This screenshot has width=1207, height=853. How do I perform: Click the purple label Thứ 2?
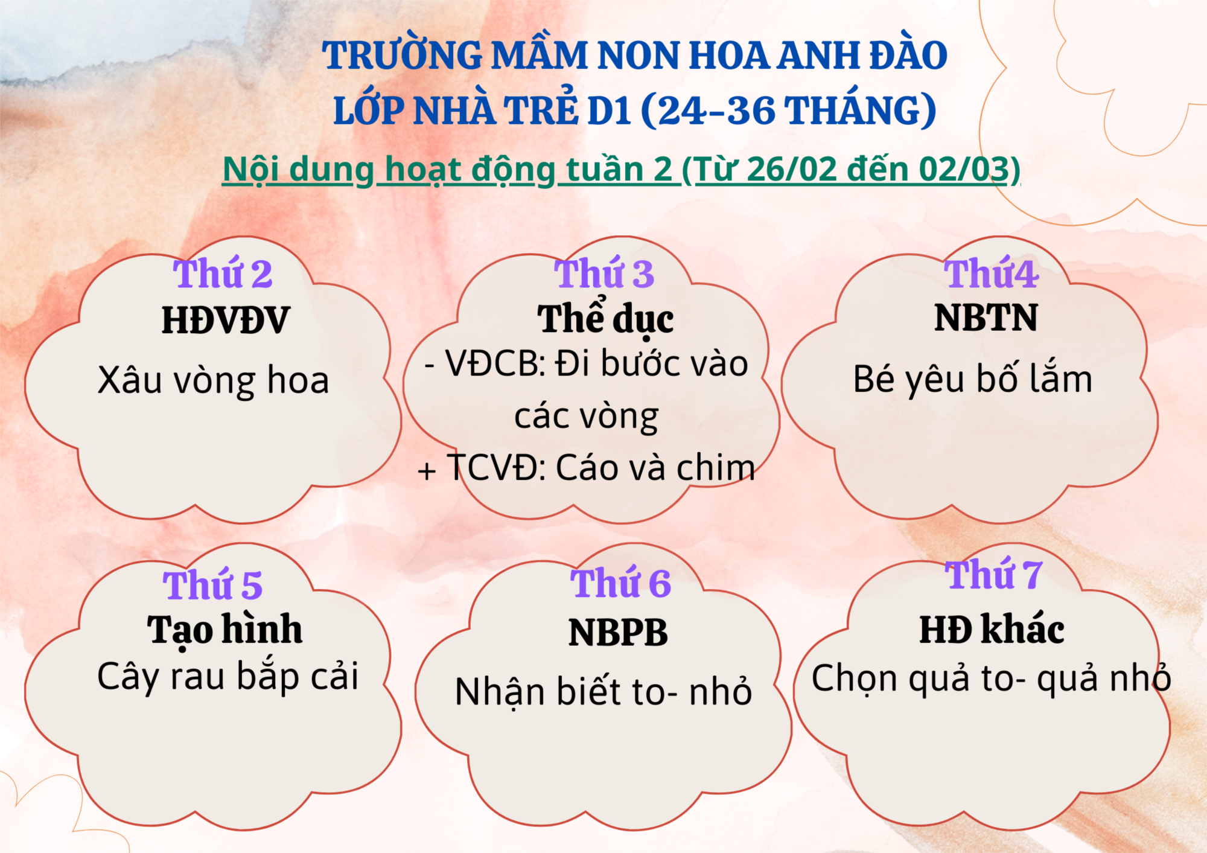click(x=223, y=273)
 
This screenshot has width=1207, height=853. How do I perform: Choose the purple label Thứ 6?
click(x=620, y=583)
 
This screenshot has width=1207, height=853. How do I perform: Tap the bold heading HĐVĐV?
click(x=226, y=320)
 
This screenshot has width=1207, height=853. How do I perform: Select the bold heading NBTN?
click(x=986, y=318)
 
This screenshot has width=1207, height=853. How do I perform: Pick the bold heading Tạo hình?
click(x=225, y=630)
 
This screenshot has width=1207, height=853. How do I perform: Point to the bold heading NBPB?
click(x=618, y=633)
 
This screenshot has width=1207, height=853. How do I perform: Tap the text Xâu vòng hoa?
click(x=213, y=381)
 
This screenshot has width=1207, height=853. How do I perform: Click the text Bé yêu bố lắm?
click(x=973, y=379)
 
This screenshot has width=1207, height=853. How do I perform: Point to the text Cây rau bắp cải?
click(x=228, y=676)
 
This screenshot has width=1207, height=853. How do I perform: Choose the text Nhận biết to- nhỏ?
click(x=603, y=692)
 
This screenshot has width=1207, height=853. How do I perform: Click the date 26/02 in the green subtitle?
click(x=791, y=169)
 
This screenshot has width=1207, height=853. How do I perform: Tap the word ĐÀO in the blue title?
click(x=908, y=56)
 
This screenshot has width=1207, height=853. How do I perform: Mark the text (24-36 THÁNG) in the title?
click(x=788, y=110)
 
